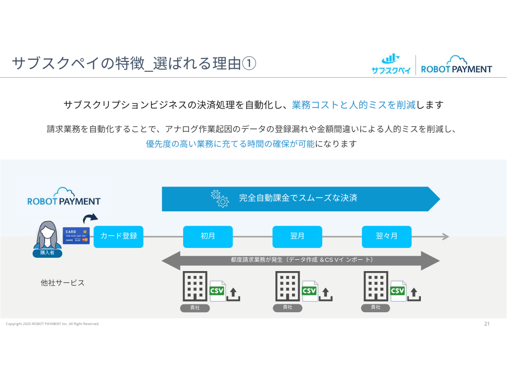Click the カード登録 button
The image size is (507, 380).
(x=118, y=237)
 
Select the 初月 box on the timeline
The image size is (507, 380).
(x=208, y=237)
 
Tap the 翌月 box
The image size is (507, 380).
(x=297, y=237)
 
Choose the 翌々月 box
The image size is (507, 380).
(x=386, y=237)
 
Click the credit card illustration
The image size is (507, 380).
(x=76, y=236)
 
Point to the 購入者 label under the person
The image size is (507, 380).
(x=47, y=253)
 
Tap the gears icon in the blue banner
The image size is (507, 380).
(x=220, y=198)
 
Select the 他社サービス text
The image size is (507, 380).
(x=62, y=283)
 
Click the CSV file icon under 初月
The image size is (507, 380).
(x=217, y=291)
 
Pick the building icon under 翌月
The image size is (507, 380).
(x=288, y=286)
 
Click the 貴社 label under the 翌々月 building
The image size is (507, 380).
(x=376, y=308)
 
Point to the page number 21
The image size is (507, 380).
(x=487, y=324)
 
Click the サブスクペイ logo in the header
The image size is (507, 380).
(x=391, y=65)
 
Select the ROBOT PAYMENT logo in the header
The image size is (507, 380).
(x=456, y=65)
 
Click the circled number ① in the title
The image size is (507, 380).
(x=249, y=64)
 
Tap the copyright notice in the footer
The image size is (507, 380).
(x=52, y=324)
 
